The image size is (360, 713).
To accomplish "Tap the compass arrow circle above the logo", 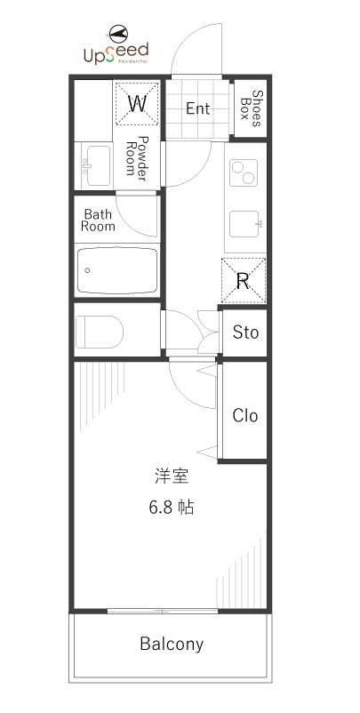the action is pyautogui.click(x=118, y=34).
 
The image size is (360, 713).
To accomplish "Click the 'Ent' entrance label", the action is pyautogui.click(x=198, y=108).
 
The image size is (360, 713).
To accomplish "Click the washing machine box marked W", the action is pyautogui.click(x=137, y=104).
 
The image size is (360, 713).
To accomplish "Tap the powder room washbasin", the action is pyautogui.click(x=98, y=165).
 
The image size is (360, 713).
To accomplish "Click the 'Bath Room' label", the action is pyautogui.click(x=98, y=220).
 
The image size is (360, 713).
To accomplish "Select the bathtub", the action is pyautogui.click(x=117, y=270).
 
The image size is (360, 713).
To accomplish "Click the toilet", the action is pyautogui.click(x=99, y=332).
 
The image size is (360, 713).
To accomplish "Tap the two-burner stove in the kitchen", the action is pyautogui.click(x=244, y=172).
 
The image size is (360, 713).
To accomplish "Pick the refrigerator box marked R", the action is pyautogui.click(x=244, y=281).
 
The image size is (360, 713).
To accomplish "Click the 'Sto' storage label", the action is pyautogui.click(x=245, y=332).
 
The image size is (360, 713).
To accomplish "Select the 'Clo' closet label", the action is pyautogui.click(x=245, y=415).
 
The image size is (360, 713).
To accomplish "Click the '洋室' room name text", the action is pyautogui.click(x=172, y=477).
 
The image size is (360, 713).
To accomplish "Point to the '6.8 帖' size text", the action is pyautogui.click(x=172, y=507).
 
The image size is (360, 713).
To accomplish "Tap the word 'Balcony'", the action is pyautogui.click(x=172, y=645).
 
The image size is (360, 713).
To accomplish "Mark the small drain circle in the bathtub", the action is pyautogui.click(x=87, y=270).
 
